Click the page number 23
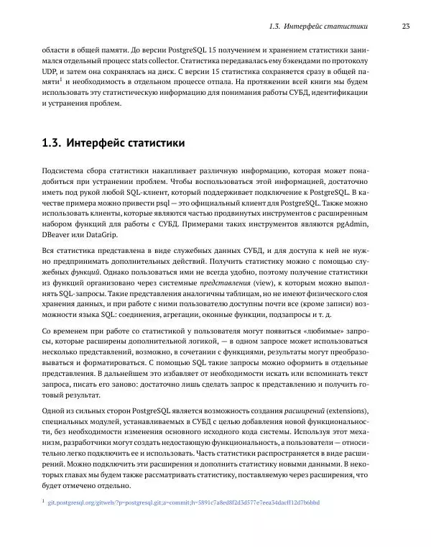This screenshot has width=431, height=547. click(405, 27)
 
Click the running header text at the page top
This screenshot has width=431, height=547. click(317, 27)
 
